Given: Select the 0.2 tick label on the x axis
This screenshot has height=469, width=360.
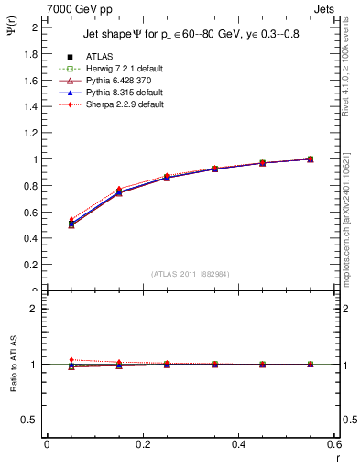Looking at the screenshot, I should [142, 444].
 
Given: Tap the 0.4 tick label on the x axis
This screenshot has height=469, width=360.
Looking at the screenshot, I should [238, 444].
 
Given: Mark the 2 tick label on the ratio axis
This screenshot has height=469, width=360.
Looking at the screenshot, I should [35, 309].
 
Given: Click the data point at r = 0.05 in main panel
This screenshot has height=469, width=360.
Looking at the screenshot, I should [71, 224].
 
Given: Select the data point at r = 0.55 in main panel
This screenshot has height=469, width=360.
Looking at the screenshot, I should [311, 159].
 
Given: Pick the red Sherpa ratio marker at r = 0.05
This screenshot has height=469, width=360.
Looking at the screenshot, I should [71, 360].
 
